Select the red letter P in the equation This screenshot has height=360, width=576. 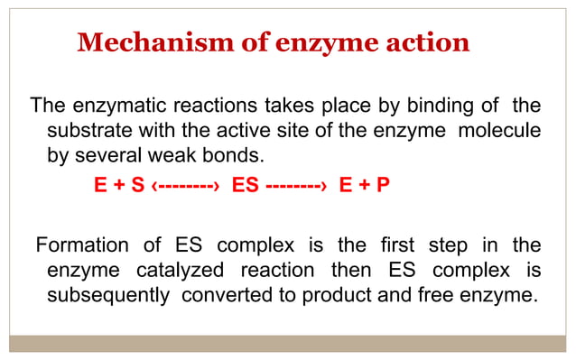click(383, 186)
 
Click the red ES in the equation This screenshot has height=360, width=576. click(246, 186)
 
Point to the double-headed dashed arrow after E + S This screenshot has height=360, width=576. click(186, 186)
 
